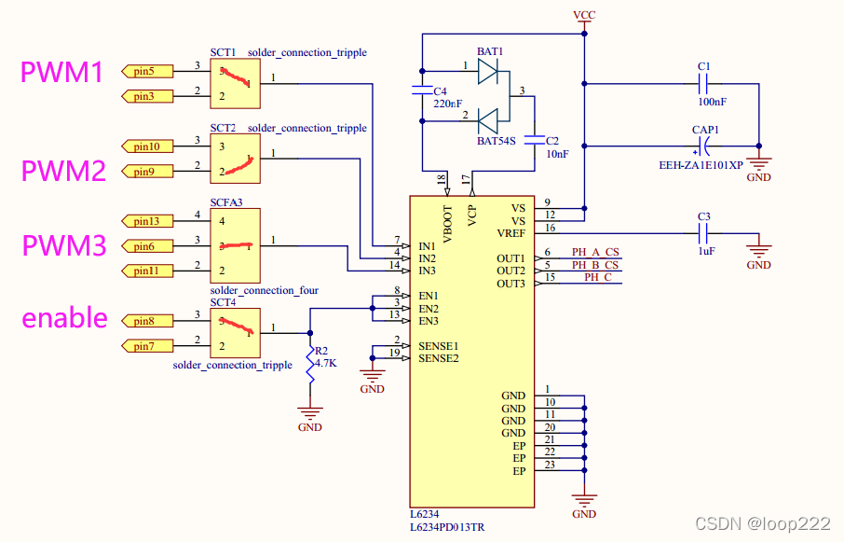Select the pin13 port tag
tap(146, 221)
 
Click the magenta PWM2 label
tap(63, 171)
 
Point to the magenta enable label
tap(64, 318)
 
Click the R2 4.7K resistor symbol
tap(309, 366)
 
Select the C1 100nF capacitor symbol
tap(704, 83)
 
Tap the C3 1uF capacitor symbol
tap(704, 233)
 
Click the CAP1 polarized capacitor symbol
tap(704, 146)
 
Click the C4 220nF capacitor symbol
tap(422, 91)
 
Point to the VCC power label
tap(584, 16)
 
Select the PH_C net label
tap(597, 277)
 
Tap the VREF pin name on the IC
tap(510, 233)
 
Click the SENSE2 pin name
tap(439, 358)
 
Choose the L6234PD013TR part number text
tap(448, 528)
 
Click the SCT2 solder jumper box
tap(235, 159)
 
